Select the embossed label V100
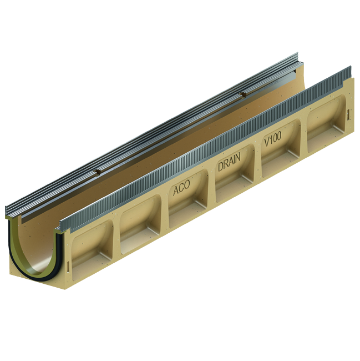pyautogui.click(x=273, y=139)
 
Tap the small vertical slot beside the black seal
pyautogui.click(x=67, y=266)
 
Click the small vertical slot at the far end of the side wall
pyautogui.click(x=348, y=114)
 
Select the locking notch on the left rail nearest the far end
pyautogui.click(x=242, y=95)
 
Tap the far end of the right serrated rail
pyautogui.click(x=351, y=69)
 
